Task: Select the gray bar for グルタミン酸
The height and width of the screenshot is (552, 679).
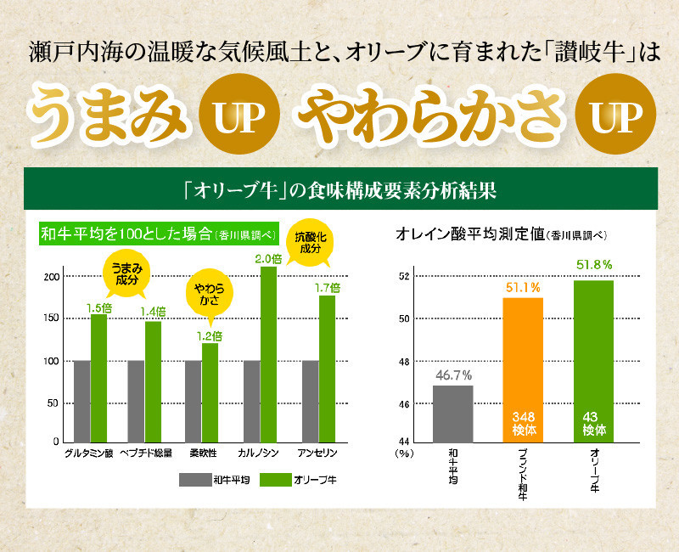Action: (81, 401)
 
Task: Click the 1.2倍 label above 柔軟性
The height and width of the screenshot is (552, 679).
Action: (210, 335)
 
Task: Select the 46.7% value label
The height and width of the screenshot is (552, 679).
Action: (454, 375)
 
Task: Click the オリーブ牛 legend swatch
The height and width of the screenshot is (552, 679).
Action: (274, 480)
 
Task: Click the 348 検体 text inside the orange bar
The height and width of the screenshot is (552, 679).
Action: (524, 423)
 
